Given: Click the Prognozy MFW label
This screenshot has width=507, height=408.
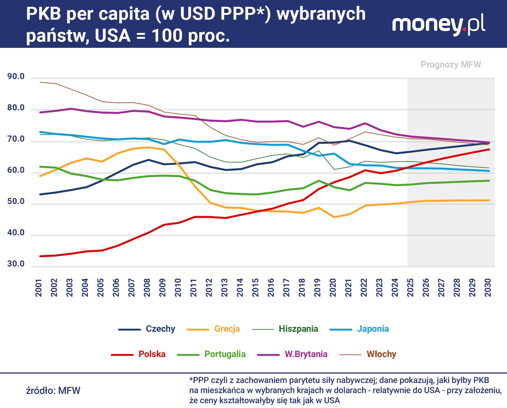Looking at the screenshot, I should [x=451, y=65].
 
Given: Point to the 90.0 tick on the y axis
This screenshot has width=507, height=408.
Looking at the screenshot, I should [x=16, y=76].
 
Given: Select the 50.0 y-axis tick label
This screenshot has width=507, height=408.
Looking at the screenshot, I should [x=16, y=202].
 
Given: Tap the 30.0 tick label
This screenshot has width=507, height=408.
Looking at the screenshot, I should [x=16, y=264].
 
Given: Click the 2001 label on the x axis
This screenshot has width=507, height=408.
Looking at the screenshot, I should [x=39, y=288].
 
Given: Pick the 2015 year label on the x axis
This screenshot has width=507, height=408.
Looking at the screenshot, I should [x=255, y=288].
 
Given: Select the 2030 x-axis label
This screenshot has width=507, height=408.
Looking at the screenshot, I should [x=488, y=288].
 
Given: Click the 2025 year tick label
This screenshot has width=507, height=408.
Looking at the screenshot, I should [x=410, y=288].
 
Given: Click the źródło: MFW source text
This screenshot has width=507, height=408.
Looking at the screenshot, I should [x=53, y=391].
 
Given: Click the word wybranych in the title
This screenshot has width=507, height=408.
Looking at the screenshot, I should [x=321, y=14].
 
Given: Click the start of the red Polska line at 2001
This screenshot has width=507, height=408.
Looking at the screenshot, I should [x=40, y=256].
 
